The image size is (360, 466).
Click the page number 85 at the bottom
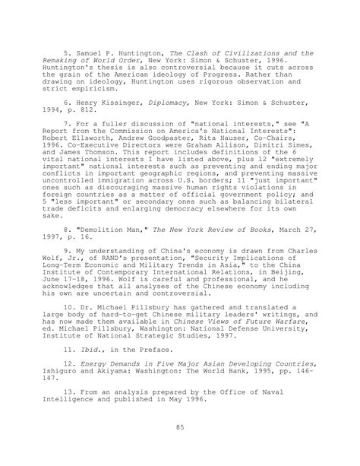point(180,428)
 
